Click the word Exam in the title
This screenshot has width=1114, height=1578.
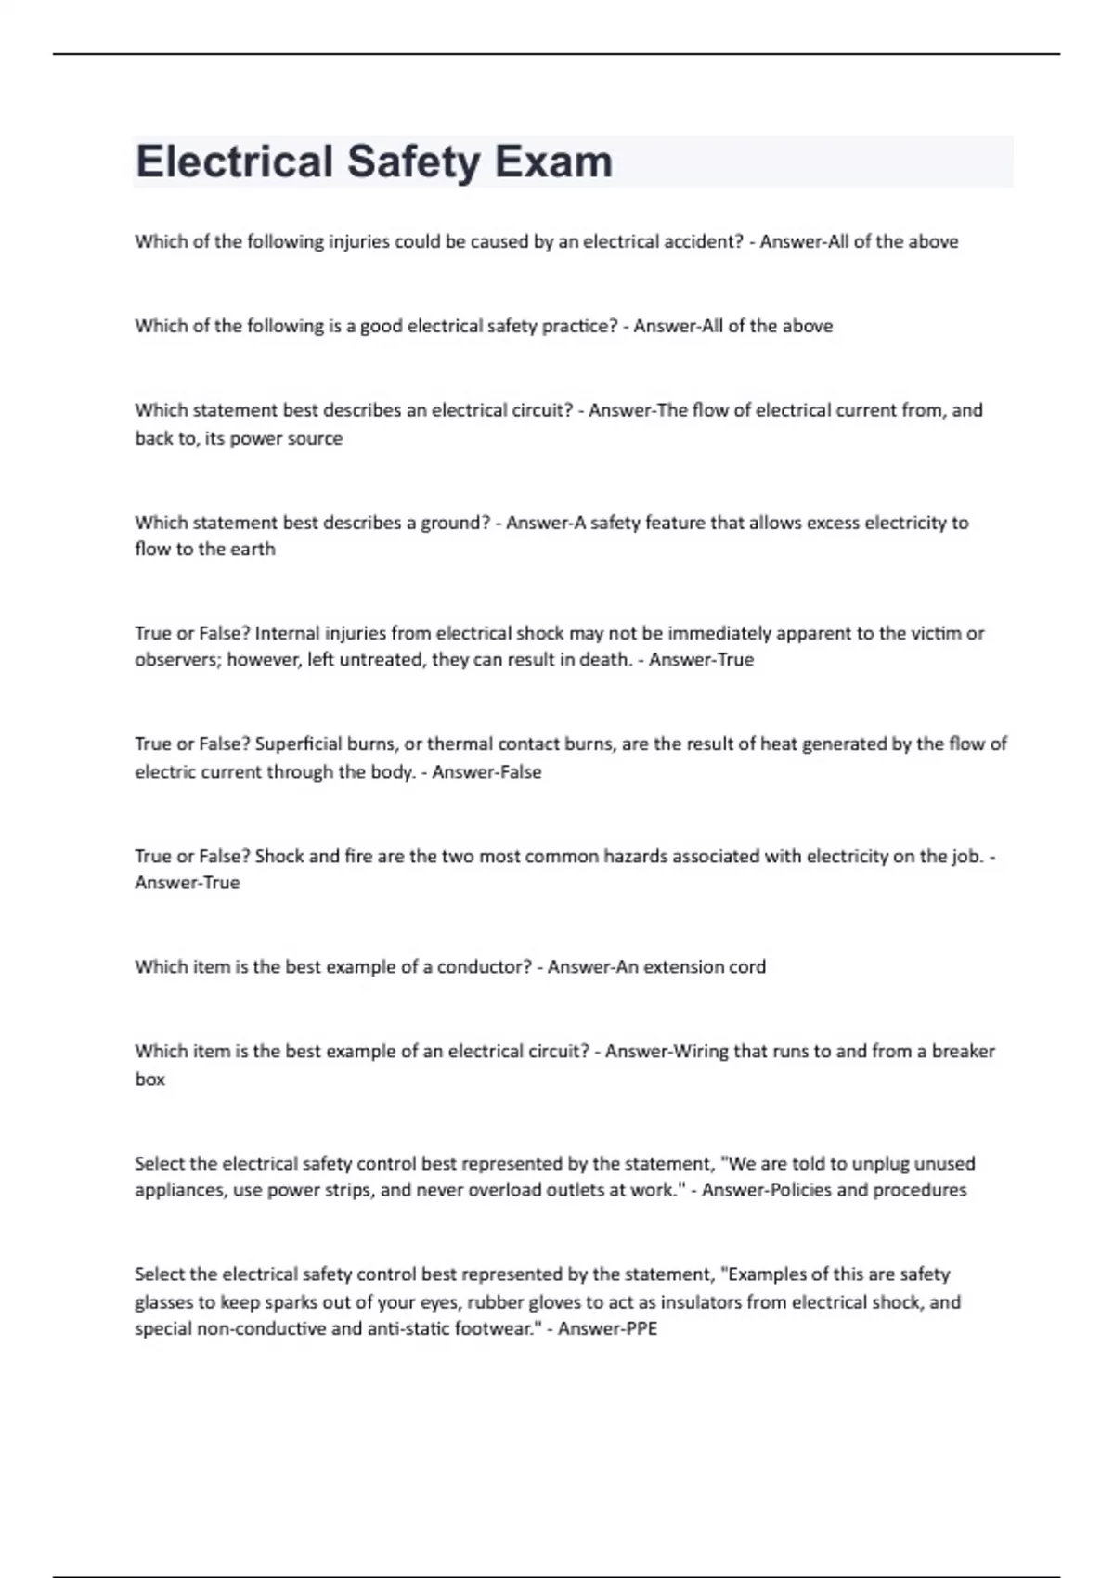[553, 162]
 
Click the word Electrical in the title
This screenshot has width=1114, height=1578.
[234, 162]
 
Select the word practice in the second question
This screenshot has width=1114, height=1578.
[584, 326]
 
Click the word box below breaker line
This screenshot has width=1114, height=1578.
[149, 1080]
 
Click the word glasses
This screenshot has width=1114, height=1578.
[162, 1301]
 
